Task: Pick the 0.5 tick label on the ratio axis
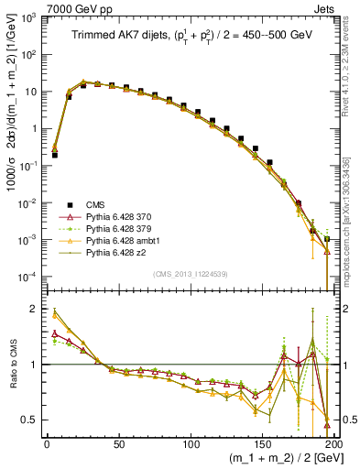[29, 420]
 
